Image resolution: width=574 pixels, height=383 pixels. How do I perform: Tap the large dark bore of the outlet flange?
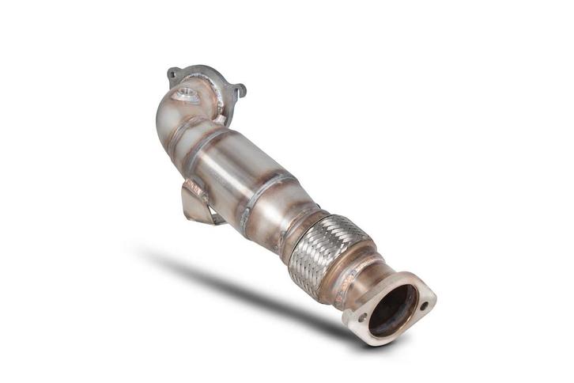point(392,309)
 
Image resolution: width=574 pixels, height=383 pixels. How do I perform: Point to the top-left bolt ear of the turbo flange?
point(172,74)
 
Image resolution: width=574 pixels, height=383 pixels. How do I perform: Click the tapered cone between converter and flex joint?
point(296,207)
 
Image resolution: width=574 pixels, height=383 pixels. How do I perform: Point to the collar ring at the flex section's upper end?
point(304,225)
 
